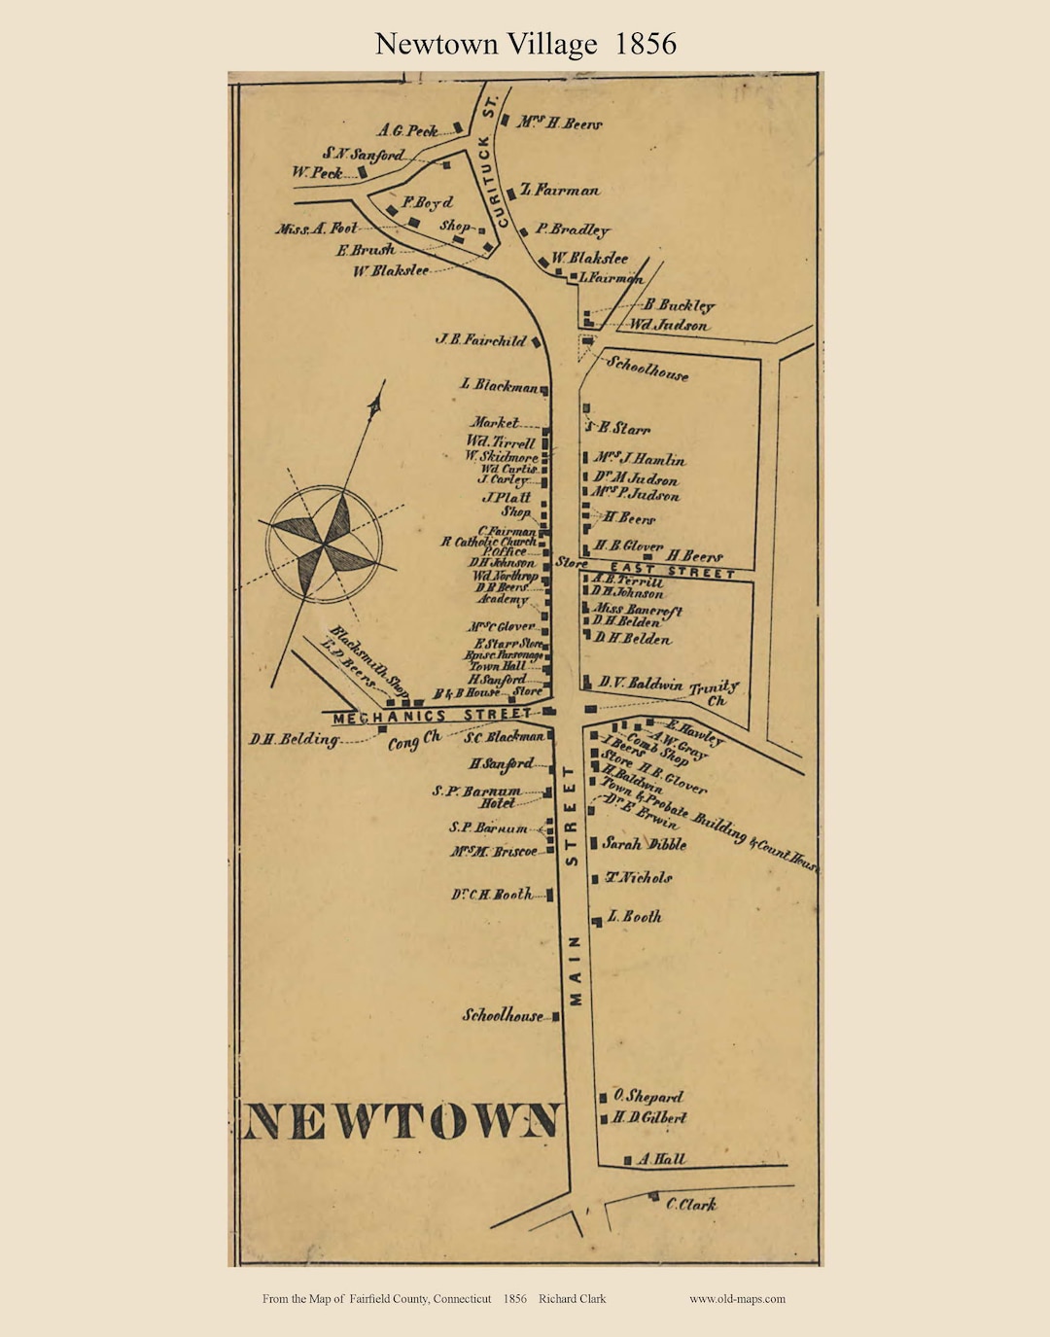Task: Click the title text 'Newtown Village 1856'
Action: [x=525, y=44]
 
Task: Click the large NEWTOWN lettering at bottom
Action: [x=402, y=1121]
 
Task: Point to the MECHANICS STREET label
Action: [x=433, y=717]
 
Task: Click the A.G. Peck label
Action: [x=408, y=130]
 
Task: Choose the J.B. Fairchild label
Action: [x=480, y=340]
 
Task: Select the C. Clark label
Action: [x=691, y=1204]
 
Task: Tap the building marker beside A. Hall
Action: [x=628, y=1160]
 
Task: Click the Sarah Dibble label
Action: [x=644, y=844]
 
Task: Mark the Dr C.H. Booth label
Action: [x=492, y=895]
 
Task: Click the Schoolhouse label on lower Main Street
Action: [x=503, y=1016]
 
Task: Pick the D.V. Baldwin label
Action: [x=640, y=684]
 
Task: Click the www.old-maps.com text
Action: [x=737, y=1299]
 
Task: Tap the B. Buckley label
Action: [x=679, y=305]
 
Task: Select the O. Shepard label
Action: [x=648, y=1097]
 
